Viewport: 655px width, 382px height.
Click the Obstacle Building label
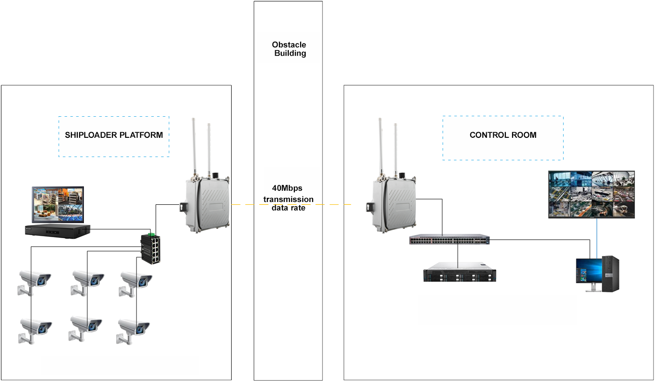[289, 49]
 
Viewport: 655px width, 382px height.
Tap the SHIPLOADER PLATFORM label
[114, 135]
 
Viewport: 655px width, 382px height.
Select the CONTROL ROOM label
[503, 135]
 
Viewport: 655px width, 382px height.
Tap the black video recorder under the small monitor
[58, 230]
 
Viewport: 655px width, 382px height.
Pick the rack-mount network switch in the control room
[450, 240]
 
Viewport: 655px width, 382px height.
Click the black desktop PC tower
[610, 273]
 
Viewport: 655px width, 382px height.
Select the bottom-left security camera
[34, 330]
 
